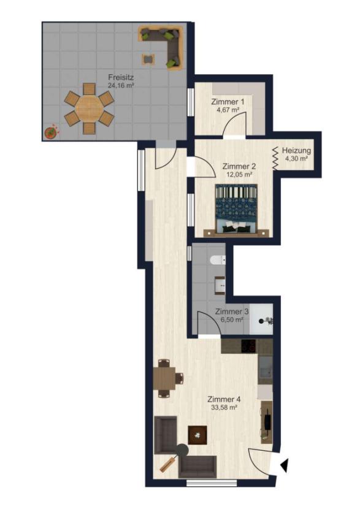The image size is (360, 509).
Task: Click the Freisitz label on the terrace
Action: coord(121,77)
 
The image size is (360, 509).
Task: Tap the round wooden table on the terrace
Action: coord(89,107)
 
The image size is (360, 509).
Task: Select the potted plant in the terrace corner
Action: coord(51,132)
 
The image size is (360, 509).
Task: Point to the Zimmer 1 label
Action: coord(228,102)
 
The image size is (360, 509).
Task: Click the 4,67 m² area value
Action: coord(228,110)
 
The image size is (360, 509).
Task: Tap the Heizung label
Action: coord(296,151)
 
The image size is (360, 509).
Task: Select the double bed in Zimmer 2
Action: coord(236,210)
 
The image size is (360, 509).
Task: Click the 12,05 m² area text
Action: coord(239,174)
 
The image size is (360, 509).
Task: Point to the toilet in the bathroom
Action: coord(218,261)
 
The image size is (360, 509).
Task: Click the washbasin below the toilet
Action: coord(220,285)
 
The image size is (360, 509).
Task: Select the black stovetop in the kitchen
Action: coord(249,346)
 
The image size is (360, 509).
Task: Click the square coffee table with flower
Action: coord(197,435)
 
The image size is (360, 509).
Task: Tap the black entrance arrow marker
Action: coord(285,465)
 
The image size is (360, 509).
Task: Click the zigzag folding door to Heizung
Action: coord(275,158)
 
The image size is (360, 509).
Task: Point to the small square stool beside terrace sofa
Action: coord(148,59)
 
